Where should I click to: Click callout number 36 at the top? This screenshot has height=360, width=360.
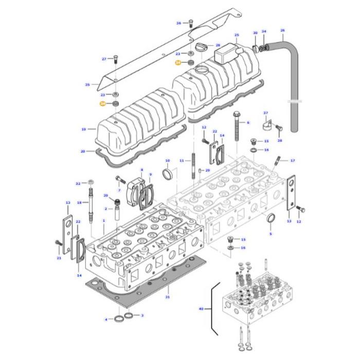[x=178, y=23]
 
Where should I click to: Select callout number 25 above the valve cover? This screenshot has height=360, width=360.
[x=237, y=35]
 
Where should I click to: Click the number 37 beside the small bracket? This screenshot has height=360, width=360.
[x=265, y=113]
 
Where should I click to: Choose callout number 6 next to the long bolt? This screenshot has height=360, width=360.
[x=247, y=122]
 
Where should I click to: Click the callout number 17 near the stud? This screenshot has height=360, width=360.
[x=293, y=160]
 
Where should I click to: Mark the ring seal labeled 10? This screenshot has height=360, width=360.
[x=168, y=174]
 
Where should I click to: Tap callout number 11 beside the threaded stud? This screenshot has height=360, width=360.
[x=181, y=161]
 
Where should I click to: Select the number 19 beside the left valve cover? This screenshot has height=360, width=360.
[x=83, y=129]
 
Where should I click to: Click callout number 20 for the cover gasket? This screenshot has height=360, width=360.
[x=83, y=151]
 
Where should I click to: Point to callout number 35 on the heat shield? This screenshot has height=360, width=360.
[x=87, y=84]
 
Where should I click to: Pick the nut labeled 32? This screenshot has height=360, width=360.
[x=90, y=183]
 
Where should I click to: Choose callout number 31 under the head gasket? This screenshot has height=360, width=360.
[x=167, y=297]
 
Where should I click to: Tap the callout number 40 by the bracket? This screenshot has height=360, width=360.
[x=201, y=309]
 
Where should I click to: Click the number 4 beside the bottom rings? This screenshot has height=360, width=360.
[x=106, y=319]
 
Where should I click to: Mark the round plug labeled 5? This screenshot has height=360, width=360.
[x=271, y=221]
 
